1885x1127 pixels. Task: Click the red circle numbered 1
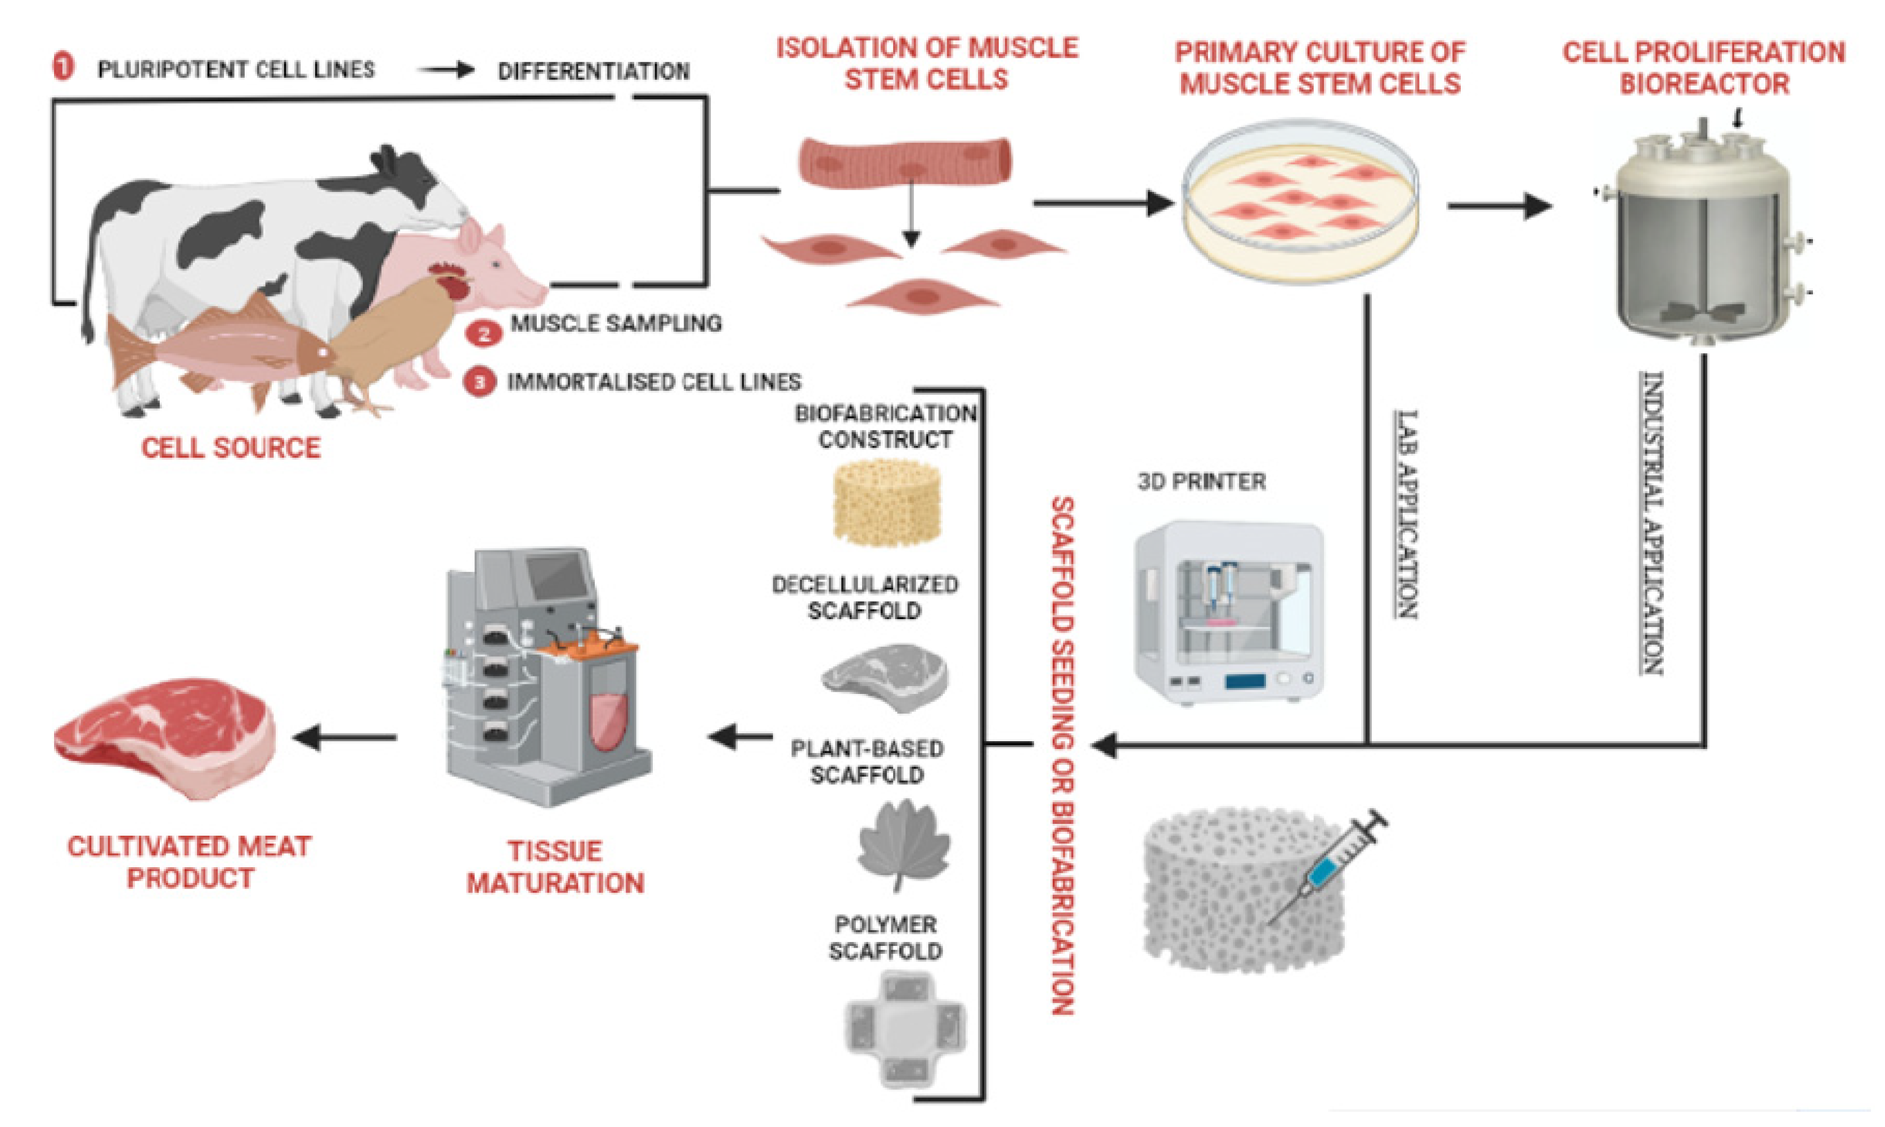coord(64,67)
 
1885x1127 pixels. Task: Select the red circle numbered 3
coord(479,382)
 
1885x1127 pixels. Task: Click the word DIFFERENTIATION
coord(594,71)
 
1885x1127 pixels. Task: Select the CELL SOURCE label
coord(231,447)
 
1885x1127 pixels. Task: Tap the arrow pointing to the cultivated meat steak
coord(345,737)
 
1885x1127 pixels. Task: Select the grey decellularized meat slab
coord(886,677)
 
